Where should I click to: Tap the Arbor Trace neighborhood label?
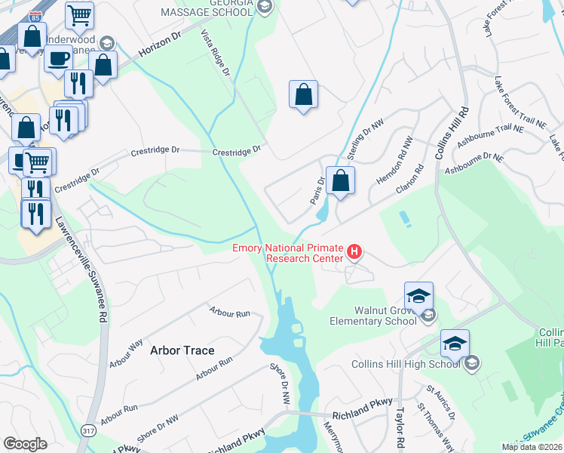click(x=182, y=350)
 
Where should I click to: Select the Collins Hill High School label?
click(x=405, y=365)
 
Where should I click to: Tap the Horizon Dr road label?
click(x=161, y=48)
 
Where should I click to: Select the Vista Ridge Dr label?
click(x=215, y=53)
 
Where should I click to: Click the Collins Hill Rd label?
click(x=452, y=131)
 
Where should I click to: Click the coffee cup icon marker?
click(x=58, y=57)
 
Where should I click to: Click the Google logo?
click(x=25, y=444)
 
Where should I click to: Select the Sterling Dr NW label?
click(x=366, y=135)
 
